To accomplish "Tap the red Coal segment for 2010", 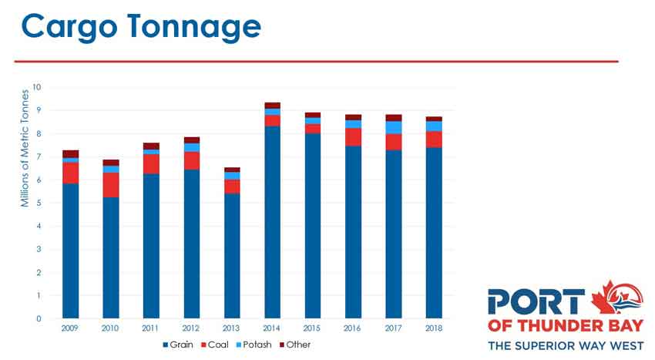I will tap(111, 185).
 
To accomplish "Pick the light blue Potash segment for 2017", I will tap(394, 127).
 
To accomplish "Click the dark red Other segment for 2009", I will tap(71, 153).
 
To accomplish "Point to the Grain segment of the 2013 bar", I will tap(232, 255).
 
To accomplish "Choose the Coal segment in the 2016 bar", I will tap(353, 136).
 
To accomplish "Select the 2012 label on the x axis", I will tap(192, 328).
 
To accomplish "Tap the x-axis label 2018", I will tap(434, 328).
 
